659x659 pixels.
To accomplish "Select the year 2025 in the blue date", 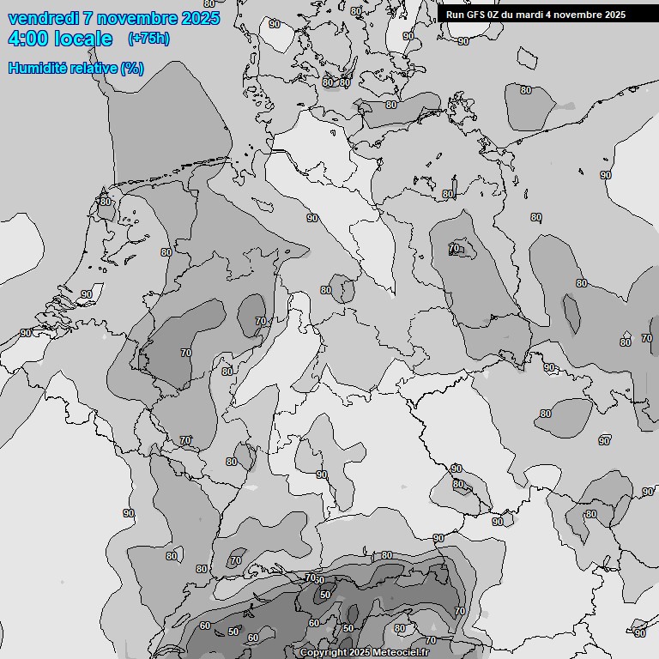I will (201, 18).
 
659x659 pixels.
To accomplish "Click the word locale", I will (83, 39).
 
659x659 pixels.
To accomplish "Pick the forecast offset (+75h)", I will (148, 39).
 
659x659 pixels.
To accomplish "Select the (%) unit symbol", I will (132, 68).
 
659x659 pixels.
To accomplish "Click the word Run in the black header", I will (455, 15).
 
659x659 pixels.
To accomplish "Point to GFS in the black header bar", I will (475, 15).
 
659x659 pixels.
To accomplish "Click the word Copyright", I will (323, 653).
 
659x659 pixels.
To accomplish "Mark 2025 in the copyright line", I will (360, 653).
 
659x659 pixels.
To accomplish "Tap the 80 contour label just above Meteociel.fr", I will (399, 629).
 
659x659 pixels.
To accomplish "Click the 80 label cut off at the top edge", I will (209, 3).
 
